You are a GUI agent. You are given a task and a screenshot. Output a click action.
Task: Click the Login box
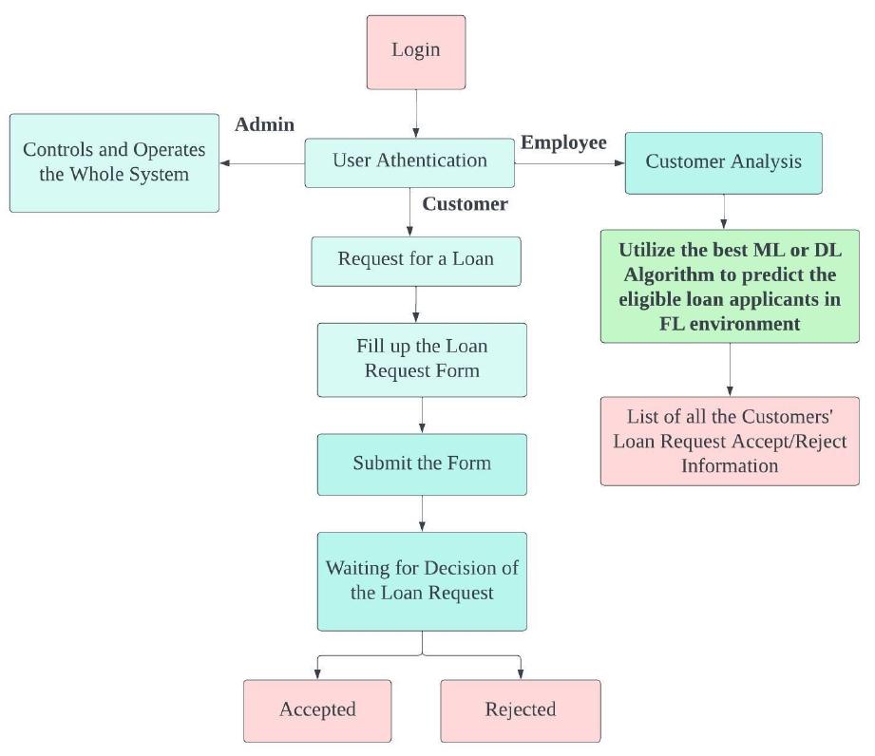[416, 52]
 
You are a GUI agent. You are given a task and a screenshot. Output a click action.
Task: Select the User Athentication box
[409, 162]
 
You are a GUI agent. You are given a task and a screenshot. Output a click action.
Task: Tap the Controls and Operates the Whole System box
[114, 162]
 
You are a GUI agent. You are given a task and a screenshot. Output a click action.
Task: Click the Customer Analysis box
[723, 162]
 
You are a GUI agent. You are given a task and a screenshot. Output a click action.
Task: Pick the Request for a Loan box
[416, 260]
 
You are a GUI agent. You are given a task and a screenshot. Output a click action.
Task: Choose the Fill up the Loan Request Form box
[422, 359]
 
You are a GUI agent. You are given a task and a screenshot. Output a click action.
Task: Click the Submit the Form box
[422, 464]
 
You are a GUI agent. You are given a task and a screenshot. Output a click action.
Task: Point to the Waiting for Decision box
[422, 580]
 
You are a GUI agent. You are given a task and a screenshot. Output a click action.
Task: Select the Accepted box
[317, 710]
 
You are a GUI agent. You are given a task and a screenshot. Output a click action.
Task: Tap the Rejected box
[521, 710]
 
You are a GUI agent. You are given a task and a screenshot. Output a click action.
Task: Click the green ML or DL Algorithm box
[729, 286]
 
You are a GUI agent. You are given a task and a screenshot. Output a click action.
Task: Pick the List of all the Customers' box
[729, 441]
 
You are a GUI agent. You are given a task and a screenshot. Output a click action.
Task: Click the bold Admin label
[264, 125]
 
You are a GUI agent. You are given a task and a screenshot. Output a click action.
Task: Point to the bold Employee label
[563, 143]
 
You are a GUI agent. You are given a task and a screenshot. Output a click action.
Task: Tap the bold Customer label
[465, 205]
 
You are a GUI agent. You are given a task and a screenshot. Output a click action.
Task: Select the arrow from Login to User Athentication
[416, 114]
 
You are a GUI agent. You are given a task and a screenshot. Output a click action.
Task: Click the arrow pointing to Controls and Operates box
[261, 163]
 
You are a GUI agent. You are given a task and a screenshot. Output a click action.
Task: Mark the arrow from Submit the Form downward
[422, 513]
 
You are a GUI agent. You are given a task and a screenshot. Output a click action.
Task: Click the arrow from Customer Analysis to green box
[724, 211]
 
